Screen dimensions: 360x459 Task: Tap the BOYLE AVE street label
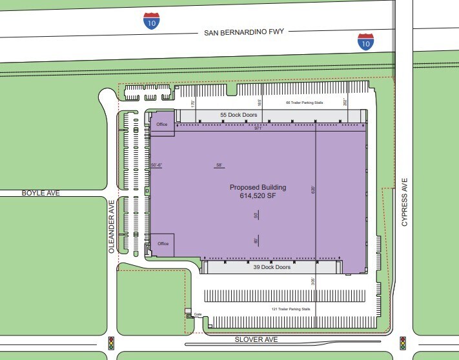point(40,192)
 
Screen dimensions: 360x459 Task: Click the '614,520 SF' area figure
point(258,196)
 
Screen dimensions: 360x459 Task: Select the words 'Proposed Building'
point(258,188)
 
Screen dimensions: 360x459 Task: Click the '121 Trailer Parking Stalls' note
point(291,309)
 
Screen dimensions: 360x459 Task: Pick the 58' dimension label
point(219,166)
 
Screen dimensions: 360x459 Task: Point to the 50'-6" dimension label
point(156,165)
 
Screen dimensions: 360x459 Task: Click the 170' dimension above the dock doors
point(192,103)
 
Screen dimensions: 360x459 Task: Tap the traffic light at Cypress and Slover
point(402,343)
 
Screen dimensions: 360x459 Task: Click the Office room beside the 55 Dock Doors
point(162,125)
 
